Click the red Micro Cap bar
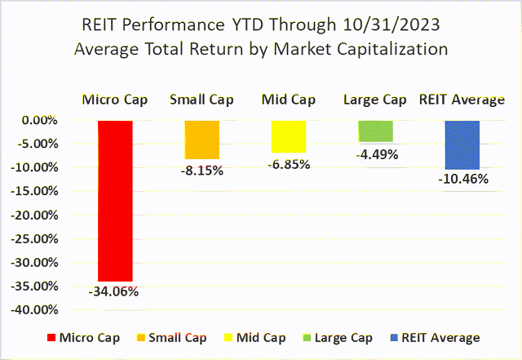[x=114, y=200]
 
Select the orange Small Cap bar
[x=201, y=140]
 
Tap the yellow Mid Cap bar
[x=288, y=136]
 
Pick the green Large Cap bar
[x=374, y=131]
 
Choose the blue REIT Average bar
[x=462, y=144]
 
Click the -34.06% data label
[x=114, y=291]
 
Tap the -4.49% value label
[x=374, y=152]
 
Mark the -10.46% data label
[x=462, y=179]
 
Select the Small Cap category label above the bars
[x=201, y=100]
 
